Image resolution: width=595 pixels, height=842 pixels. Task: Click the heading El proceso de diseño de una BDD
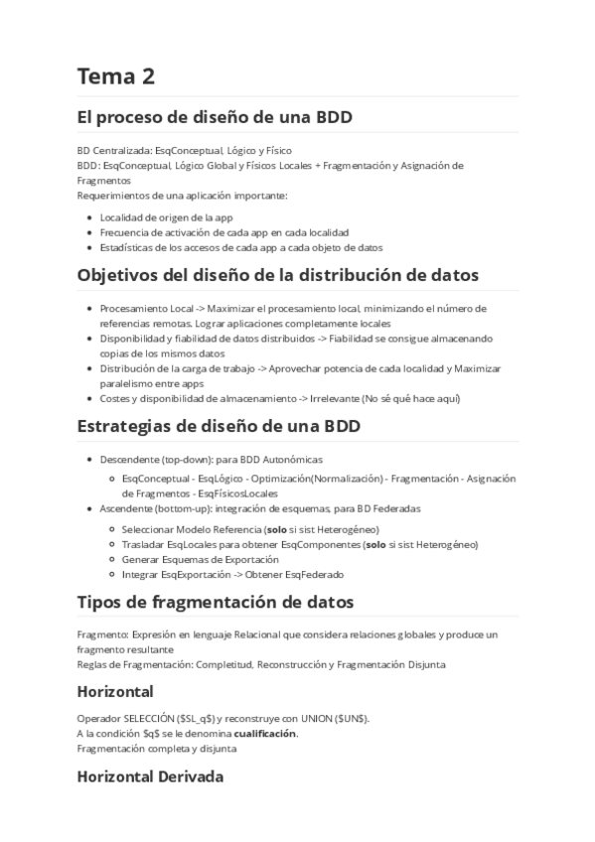pyautogui.click(x=214, y=117)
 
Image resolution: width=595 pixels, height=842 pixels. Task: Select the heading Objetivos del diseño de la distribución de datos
pyautogui.click(x=277, y=274)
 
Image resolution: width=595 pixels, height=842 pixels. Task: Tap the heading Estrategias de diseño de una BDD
pyautogui.click(x=218, y=428)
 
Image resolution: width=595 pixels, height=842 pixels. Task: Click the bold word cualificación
pyautogui.click(x=265, y=734)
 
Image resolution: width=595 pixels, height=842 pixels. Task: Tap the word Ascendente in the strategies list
pyautogui.click(x=124, y=508)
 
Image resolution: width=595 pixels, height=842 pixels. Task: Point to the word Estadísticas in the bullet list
pyautogui.click(x=127, y=247)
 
